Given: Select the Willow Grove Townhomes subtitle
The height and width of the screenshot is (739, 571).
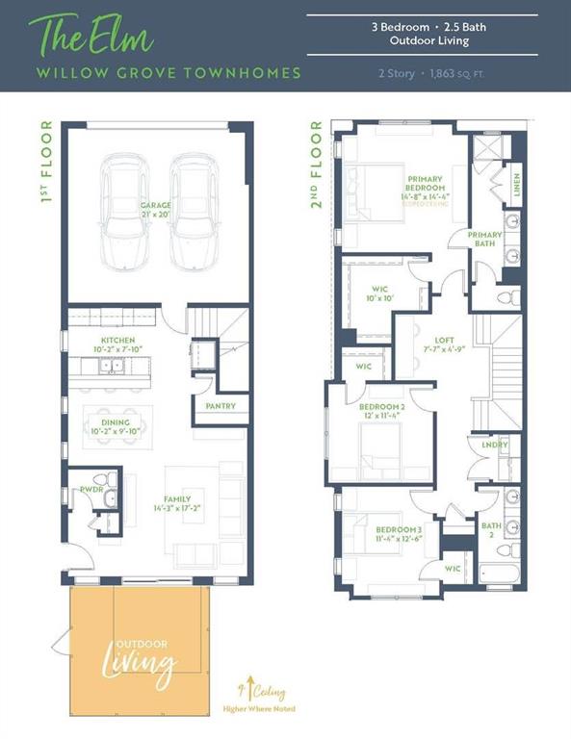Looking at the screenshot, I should (x=169, y=73).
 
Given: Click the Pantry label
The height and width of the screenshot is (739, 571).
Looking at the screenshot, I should (x=221, y=406).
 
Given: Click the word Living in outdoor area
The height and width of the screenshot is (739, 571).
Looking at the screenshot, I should (x=140, y=663).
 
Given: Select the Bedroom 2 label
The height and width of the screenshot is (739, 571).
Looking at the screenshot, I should (x=382, y=407).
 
